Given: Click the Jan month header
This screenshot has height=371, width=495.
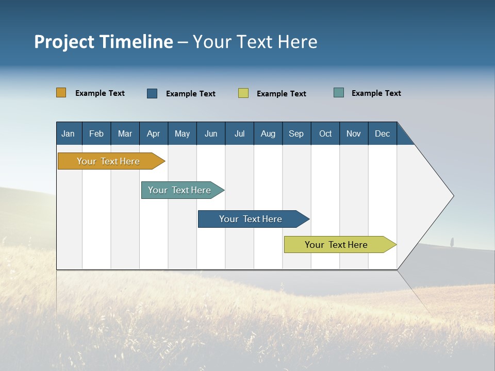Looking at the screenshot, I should click(68, 133).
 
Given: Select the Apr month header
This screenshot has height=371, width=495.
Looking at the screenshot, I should click(154, 133).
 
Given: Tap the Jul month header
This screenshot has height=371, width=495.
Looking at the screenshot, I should click(239, 133).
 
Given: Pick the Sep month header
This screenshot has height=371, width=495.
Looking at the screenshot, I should click(296, 133).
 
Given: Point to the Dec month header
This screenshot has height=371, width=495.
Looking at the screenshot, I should click(382, 133).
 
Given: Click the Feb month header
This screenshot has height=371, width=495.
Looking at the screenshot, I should click(96, 133).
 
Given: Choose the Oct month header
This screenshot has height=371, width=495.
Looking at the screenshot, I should click(325, 133).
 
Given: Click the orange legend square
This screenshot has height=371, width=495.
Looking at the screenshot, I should click(61, 93).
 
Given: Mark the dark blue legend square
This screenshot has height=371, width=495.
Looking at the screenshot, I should click(152, 93).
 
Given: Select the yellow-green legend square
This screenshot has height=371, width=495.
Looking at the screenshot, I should click(243, 93).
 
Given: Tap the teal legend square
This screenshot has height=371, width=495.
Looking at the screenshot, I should click(339, 93).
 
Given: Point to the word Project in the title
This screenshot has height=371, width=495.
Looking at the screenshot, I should click(64, 42).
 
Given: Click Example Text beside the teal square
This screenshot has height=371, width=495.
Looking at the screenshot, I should click(376, 93).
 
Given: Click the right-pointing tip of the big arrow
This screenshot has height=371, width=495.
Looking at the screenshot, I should click(452, 196).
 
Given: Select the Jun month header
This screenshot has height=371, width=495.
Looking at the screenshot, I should click(211, 133).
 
